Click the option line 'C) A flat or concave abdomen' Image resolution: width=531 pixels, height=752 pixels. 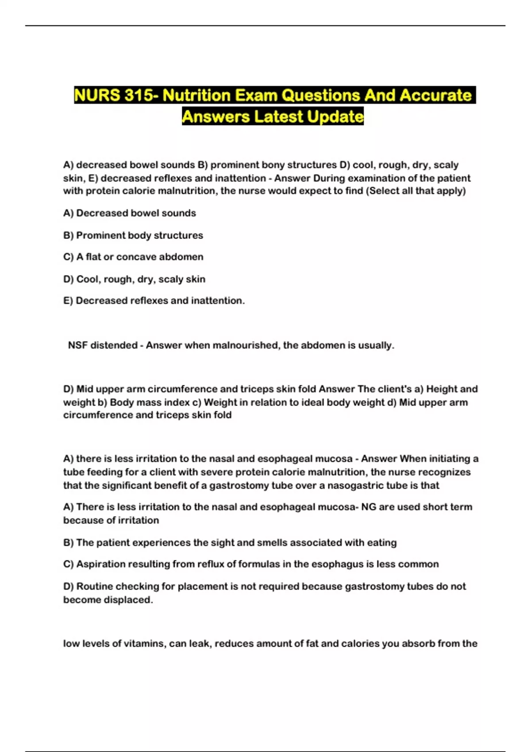pyautogui.click(x=133, y=257)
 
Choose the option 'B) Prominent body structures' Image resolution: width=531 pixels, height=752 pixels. pyautogui.click(x=133, y=235)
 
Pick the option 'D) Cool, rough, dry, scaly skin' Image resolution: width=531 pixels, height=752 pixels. pyautogui.click(x=134, y=279)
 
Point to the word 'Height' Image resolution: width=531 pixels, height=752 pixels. pyautogui.click(x=442, y=389)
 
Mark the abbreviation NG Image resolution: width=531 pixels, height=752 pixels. pyautogui.click(x=369, y=507)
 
